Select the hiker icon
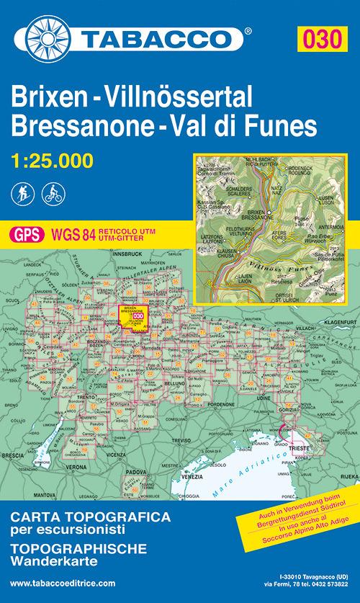(x=24, y=193)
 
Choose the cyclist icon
(x=52, y=193)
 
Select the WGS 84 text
(x=69, y=233)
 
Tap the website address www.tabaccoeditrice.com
(x=63, y=582)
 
